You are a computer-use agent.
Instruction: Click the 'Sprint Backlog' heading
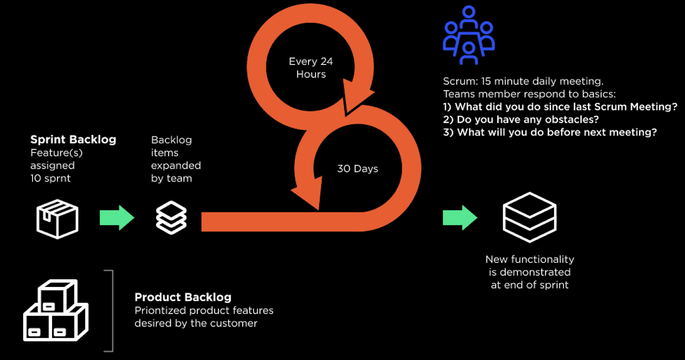coord(73,140)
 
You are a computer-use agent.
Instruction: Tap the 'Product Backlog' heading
coord(183,297)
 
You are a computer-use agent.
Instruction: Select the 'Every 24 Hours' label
coord(311,68)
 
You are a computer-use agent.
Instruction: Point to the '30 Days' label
coord(357,169)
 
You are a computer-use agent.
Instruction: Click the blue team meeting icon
coord(469,35)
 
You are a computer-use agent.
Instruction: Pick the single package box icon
coord(57,218)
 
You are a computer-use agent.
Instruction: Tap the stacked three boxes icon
coord(56,311)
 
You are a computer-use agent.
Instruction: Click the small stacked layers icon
coord(171,218)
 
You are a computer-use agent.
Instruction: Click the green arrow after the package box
coord(117,218)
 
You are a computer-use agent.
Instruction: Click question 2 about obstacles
coord(521,120)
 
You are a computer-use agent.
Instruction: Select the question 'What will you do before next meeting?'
coord(550,132)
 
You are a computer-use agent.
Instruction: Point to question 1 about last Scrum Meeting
coord(560,107)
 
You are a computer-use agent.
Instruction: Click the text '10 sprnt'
coord(50,178)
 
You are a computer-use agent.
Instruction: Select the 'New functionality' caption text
coord(530,259)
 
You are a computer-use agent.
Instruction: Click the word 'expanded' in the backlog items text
coord(176,165)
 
